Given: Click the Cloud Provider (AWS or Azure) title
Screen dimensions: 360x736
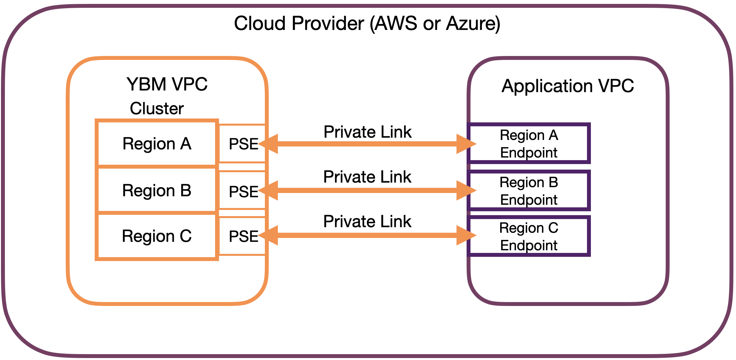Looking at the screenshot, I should tap(367, 23).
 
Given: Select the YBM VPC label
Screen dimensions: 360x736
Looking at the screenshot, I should tap(167, 84).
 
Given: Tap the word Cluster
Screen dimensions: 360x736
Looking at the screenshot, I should tap(157, 108).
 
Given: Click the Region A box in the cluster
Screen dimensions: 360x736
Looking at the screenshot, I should tap(157, 144).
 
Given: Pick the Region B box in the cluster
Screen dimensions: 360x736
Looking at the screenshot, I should tap(157, 190).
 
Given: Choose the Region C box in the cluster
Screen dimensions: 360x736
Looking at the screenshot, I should tap(157, 236).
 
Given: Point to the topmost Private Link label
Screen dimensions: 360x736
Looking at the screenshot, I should tap(367, 132).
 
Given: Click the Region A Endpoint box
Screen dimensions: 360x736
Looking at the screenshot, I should tap(529, 144).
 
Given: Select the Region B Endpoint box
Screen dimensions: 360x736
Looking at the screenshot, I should tap(529, 191).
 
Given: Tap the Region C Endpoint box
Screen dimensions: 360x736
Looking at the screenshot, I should tap(529, 236).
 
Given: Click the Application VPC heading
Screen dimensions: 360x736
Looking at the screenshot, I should tap(567, 86).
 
